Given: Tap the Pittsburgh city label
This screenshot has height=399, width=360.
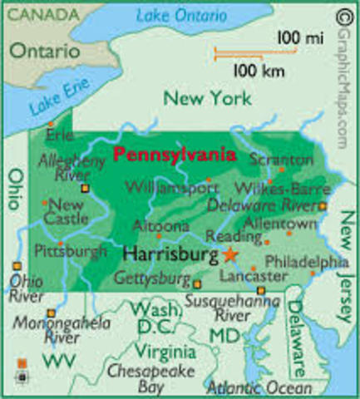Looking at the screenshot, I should [70, 249].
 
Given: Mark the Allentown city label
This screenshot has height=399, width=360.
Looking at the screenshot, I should [284, 224].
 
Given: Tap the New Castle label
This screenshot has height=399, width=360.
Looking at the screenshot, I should [67, 211].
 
